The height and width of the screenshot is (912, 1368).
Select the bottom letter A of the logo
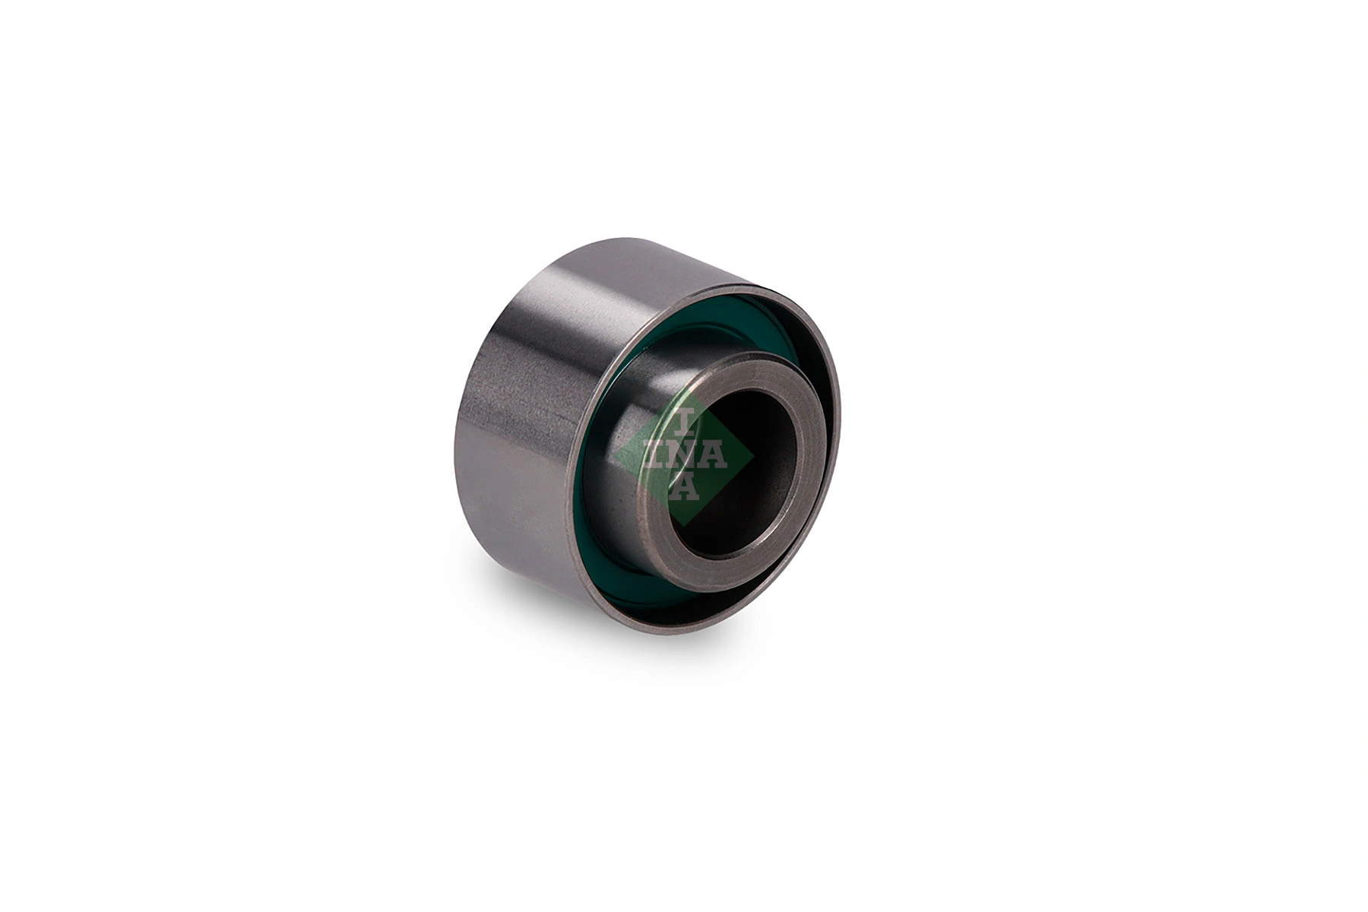click(684, 492)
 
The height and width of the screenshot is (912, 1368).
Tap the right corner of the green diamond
click(754, 458)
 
